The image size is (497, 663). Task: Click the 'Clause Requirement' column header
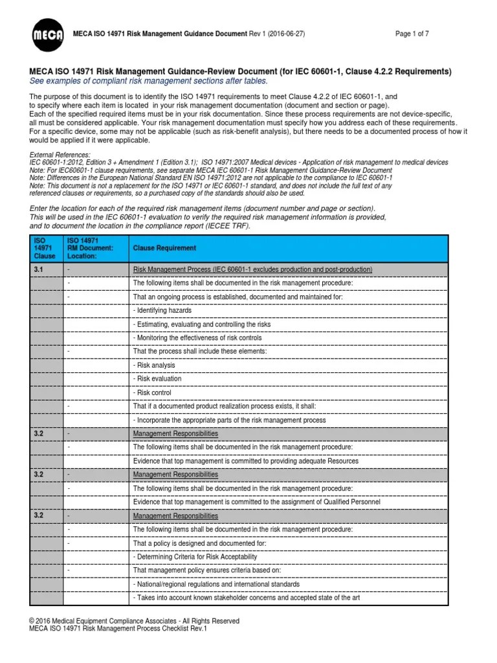coord(164,249)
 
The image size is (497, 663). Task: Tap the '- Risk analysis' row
coord(154,365)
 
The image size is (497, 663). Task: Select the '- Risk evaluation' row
coord(157,379)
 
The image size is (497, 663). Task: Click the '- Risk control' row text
coord(152,392)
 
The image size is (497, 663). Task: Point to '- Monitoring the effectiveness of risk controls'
coord(197,338)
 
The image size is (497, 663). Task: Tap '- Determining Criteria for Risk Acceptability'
coord(195,557)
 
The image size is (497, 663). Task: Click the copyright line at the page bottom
coord(134,621)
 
